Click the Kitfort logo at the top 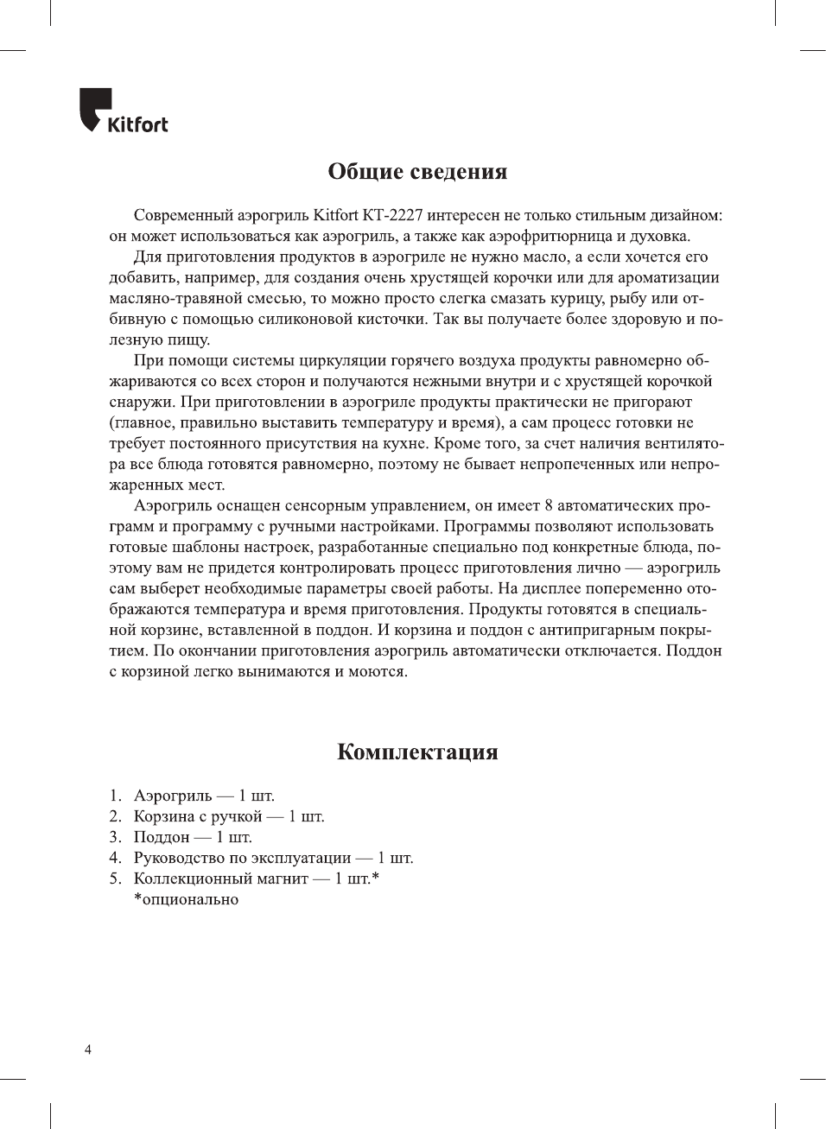(x=124, y=111)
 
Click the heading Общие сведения (x=416, y=171)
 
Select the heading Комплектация (x=416, y=752)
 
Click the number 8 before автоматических (x=547, y=505)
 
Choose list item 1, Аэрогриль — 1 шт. (x=203, y=796)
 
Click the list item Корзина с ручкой (x=228, y=816)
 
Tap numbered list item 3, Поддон (x=192, y=837)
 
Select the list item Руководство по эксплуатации (x=272, y=858)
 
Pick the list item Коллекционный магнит (x=255, y=878)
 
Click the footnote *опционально (x=186, y=899)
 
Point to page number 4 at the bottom (x=87, y=1050)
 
